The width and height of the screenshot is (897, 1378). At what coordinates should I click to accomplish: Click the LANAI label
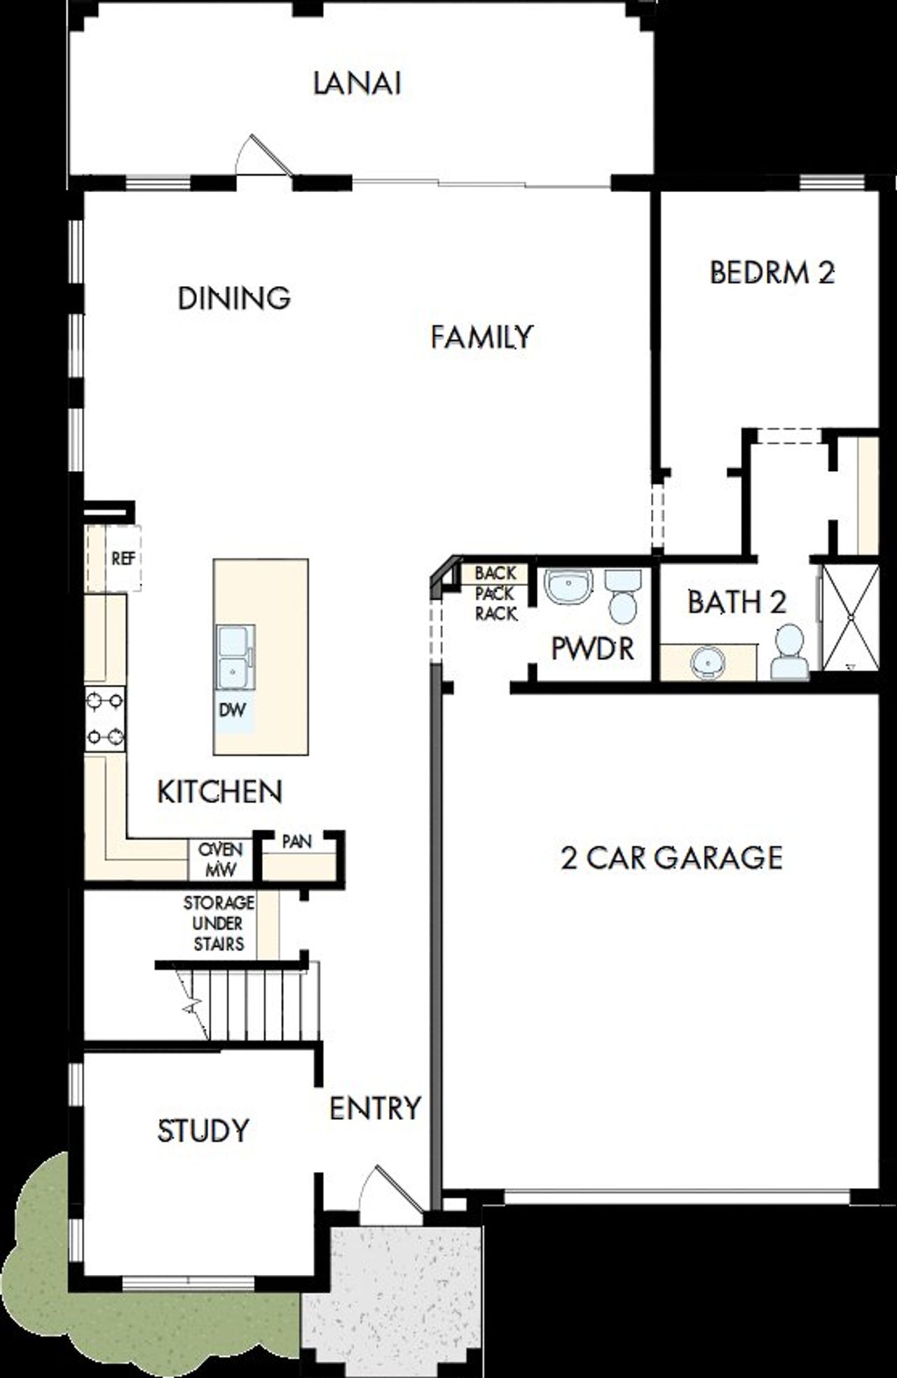357,83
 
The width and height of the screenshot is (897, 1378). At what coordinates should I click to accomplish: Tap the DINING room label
234,298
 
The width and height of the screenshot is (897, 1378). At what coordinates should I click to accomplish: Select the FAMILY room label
481,336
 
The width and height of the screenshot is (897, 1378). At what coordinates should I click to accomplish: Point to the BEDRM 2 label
772,273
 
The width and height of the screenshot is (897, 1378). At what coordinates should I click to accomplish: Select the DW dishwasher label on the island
233,710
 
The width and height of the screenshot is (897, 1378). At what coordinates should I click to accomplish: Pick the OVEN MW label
220,859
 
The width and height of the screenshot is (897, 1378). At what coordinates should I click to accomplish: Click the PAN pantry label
296,841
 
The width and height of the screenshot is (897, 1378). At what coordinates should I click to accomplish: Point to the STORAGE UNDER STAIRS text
219,923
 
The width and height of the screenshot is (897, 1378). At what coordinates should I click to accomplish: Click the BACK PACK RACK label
496,593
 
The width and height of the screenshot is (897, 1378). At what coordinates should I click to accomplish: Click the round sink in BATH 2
707,661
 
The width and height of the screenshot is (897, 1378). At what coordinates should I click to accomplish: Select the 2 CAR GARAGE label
671,858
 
